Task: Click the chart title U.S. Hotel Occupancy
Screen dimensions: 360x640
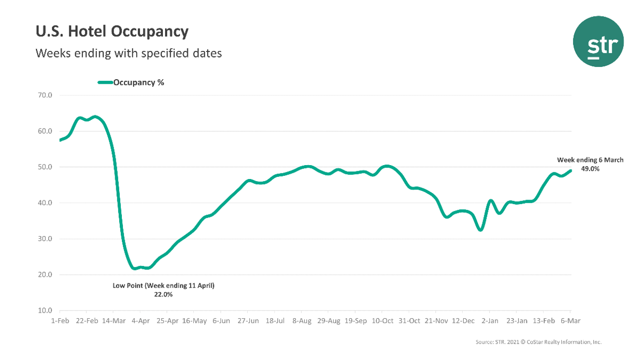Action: coord(112,32)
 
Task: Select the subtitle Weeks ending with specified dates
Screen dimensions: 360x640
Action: coord(129,53)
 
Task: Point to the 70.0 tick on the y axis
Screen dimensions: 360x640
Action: coord(45,95)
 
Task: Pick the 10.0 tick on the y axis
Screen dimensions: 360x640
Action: coord(45,311)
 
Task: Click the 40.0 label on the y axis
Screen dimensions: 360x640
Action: coord(45,203)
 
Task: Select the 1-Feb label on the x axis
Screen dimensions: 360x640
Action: coord(60,321)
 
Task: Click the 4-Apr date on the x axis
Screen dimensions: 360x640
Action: coord(140,321)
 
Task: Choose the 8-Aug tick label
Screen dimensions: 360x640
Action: coord(301,321)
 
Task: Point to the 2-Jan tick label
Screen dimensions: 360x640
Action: coord(489,321)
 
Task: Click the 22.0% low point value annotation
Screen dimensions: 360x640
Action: coord(163,295)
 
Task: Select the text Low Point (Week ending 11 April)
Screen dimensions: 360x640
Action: coord(163,285)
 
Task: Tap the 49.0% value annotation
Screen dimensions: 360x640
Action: coord(590,168)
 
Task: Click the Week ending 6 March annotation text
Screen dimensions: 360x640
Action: coord(590,160)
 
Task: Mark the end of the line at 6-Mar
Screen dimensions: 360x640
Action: coord(570,171)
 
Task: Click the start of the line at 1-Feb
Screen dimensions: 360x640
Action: coord(60,140)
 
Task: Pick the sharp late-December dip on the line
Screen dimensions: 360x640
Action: coord(480,230)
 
